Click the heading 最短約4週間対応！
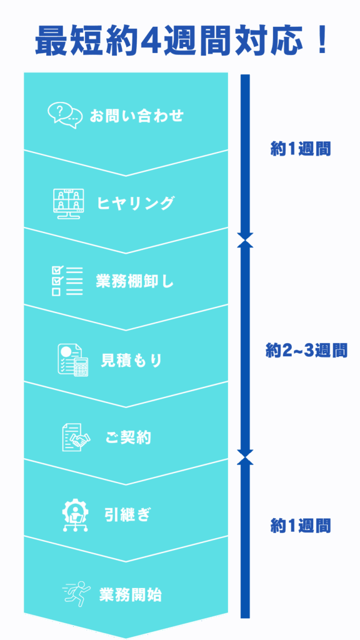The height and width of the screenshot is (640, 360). (181, 41)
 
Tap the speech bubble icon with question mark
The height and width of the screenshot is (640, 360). (62, 116)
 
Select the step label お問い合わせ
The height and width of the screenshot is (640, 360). (137, 116)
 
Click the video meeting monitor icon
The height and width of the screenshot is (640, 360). (68, 203)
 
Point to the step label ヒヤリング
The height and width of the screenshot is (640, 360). (136, 203)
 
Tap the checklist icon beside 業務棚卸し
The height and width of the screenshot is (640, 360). (67, 281)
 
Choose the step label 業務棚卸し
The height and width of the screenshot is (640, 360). (135, 281)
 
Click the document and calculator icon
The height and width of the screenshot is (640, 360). (72, 359)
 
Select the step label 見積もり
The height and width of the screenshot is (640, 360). (131, 360)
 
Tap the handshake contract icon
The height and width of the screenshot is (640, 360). (76, 437)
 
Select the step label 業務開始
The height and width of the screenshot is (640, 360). (131, 595)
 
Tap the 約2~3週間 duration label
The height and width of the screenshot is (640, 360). (306, 351)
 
